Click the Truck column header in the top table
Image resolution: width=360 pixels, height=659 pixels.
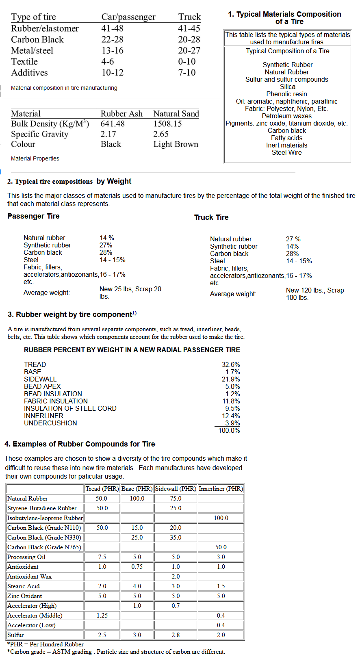(189, 17)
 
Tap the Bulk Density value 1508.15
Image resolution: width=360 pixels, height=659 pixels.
(167, 124)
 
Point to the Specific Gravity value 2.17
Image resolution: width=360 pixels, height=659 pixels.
(108, 134)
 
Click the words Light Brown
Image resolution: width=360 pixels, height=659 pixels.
(176, 144)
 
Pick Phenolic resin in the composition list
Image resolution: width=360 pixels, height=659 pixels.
(286, 94)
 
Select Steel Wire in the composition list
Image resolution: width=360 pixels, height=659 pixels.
(286, 152)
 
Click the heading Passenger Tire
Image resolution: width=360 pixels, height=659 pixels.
(33, 216)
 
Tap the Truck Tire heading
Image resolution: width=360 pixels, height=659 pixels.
(211, 217)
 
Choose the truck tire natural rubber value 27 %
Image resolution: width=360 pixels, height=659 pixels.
(293, 239)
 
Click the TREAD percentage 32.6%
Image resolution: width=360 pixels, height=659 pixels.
(230, 364)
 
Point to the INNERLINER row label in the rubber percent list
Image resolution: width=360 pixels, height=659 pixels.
(43, 416)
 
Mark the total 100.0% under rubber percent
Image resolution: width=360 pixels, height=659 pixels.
(229, 430)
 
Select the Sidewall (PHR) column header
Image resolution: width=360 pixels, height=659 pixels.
(176, 488)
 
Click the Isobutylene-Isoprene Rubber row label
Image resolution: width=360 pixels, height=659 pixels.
(45, 518)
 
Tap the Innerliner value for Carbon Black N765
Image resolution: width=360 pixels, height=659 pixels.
(221, 547)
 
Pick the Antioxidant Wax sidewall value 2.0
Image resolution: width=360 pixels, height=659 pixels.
(176, 576)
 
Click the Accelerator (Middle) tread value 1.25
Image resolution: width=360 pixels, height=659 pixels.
(102, 615)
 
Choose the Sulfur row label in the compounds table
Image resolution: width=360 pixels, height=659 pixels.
(15, 635)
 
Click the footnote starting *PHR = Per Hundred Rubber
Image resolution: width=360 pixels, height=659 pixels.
(45, 644)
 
